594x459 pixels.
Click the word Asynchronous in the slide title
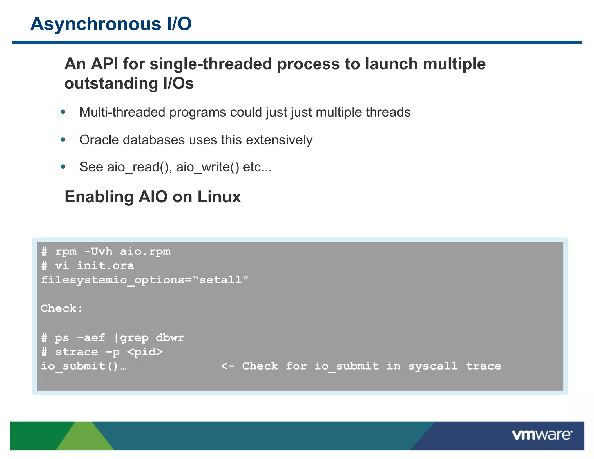coord(96,24)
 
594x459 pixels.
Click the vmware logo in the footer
coord(542,435)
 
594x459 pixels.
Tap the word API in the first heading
coord(104,64)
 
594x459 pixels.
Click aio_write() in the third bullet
coord(208,167)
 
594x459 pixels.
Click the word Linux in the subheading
coord(219,197)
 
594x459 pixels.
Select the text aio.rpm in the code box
coord(145,252)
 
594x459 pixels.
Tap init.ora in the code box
coord(105,266)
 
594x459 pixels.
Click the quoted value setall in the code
coord(220,280)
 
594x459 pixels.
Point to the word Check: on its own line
coord(61,308)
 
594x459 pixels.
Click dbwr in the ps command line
coord(170,338)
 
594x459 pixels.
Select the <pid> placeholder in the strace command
coord(145,352)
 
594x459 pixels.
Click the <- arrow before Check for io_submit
coord(227,366)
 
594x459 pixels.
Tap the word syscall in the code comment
coord(433,366)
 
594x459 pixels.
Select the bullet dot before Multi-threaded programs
coord(63,112)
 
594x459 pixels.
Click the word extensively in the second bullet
coord(279,140)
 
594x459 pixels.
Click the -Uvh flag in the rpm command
coord(98,252)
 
